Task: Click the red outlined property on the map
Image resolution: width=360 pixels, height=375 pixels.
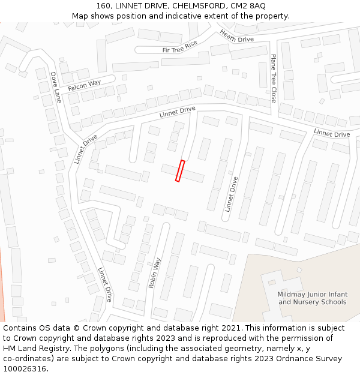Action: pyautogui.click(x=180, y=170)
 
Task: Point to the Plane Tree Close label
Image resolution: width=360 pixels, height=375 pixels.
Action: pyautogui.click(x=273, y=78)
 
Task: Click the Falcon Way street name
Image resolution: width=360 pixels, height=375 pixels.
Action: pyautogui.click(x=84, y=86)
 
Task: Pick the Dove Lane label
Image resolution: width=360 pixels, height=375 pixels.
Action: pyautogui.click(x=55, y=88)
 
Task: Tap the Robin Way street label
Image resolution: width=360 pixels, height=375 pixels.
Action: pyautogui.click(x=155, y=273)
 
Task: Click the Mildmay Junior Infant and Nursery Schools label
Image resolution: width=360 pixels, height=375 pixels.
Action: pyautogui.click(x=312, y=298)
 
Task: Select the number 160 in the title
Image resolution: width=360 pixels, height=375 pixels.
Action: pyautogui.click(x=103, y=5)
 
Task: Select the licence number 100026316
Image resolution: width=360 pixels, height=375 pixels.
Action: pyautogui.click(x=25, y=369)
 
